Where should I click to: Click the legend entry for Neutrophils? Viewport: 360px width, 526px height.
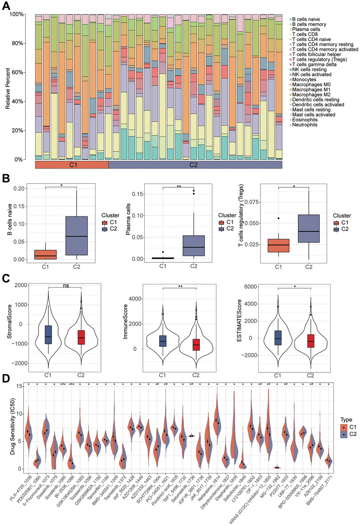(x=305, y=125)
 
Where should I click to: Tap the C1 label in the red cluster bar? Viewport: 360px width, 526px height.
(x=73, y=165)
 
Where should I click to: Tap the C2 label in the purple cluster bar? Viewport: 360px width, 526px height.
(x=194, y=165)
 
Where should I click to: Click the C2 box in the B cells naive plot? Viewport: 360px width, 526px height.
(x=77, y=235)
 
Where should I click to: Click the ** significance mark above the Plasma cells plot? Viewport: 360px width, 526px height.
(x=179, y=186)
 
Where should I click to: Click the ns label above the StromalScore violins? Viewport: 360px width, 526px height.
(x=66, y=286)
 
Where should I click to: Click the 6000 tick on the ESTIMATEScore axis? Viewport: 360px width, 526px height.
(x=250, y=287)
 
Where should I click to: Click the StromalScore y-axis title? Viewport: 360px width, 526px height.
(x=10, y=322)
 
